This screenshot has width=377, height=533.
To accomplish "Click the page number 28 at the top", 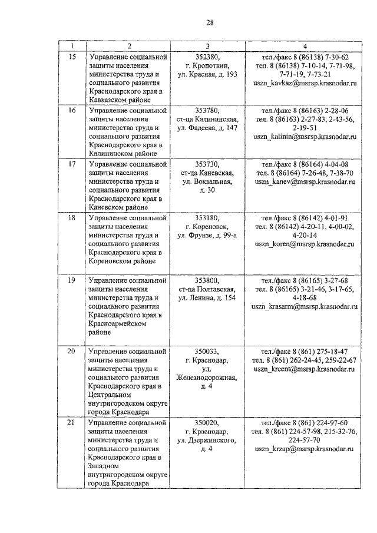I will (209, 23).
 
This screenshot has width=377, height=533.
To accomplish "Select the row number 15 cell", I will (72, 57).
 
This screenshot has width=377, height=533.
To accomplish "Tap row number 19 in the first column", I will (72, 280).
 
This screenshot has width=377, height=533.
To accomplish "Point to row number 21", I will (72, 422).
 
